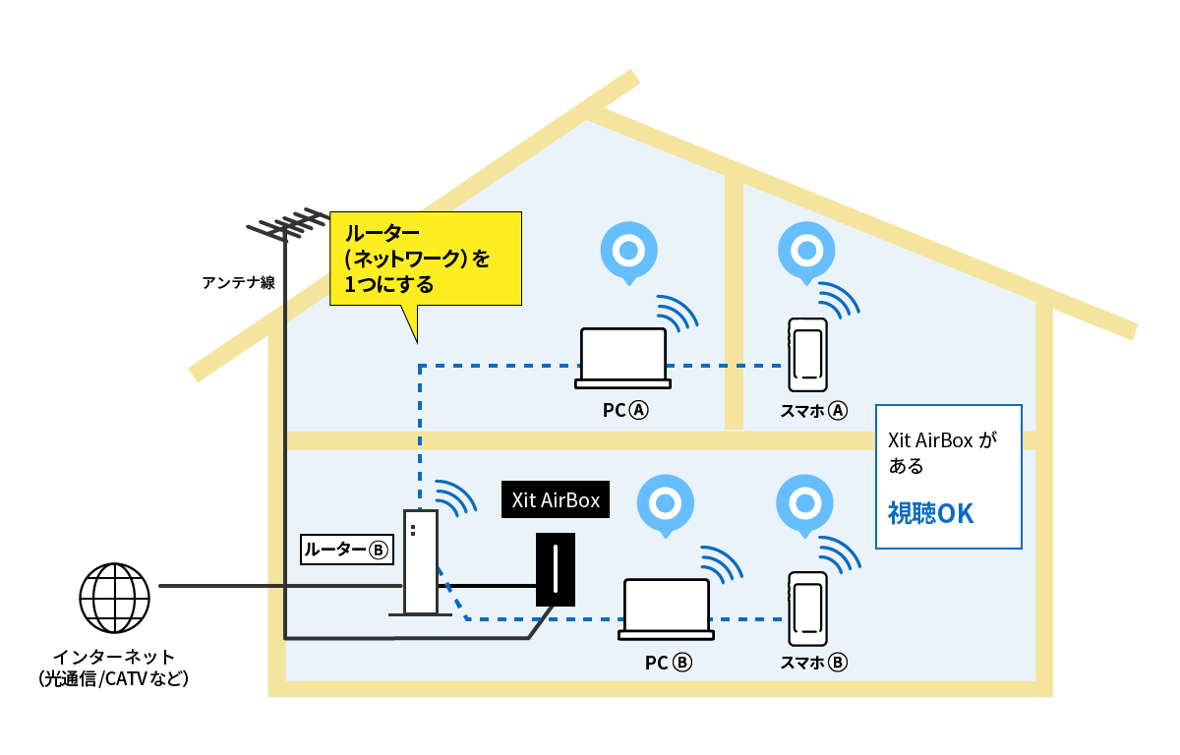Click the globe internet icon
114,598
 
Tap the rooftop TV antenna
286,226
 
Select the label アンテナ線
238,283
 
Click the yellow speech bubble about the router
426,259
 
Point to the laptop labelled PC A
623,357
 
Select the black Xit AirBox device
556,570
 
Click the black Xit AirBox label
556,499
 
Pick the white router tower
421,563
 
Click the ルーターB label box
346,550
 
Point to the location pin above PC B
666,503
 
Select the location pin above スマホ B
805,503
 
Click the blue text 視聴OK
930,513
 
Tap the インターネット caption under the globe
114,667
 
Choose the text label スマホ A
813,411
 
